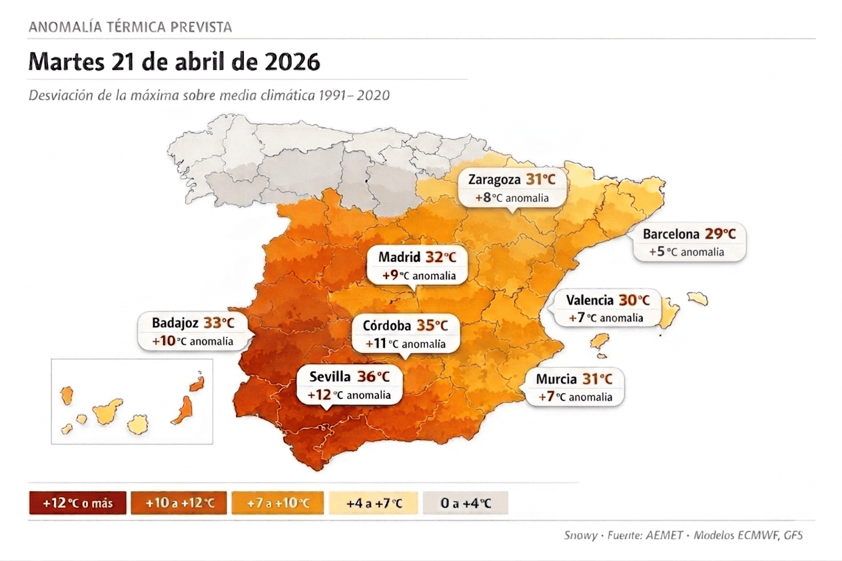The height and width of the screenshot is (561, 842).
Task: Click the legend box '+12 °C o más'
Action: click(x=77, y=503)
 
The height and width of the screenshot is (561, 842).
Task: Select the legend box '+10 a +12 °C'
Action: click(x=179, y=503)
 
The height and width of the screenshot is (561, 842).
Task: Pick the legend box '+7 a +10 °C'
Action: click(x=278, y=503)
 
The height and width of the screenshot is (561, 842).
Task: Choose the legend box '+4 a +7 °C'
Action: click(x=374, y=503)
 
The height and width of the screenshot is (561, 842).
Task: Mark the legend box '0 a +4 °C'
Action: click(x=466, y=503)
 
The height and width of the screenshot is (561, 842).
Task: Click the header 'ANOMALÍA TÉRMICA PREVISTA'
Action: click(x=131, y=27)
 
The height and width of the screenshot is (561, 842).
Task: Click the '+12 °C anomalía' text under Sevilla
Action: click(x=349, y=395)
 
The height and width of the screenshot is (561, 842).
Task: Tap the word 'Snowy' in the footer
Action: click(x=581, y=535)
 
